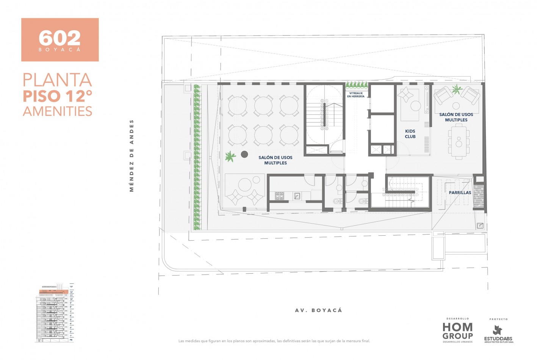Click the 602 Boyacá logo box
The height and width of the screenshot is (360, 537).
(x=60, y=40)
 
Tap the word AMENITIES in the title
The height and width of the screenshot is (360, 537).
(x=58, y=111)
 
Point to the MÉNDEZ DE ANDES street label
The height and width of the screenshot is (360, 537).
(x=132, y=156)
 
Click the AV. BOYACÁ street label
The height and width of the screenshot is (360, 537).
(x=318, y=310)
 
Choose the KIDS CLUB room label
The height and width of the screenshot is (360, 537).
(x=410, y=134)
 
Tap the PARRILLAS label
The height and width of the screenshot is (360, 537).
(x=460, y=193)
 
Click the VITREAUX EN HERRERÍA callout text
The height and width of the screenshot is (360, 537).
(x=356, y=95)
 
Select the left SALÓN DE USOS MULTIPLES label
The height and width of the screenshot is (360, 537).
(x=276, y=160)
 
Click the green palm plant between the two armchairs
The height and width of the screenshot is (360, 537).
(x=457, y=90)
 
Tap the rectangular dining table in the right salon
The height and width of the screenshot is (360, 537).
(x=459, y=142)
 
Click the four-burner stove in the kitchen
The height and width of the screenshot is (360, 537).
(x=280, y=196)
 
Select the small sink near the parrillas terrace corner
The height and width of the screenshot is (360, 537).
(x=480, y=225)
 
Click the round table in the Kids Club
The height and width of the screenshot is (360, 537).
(x=415, y=106)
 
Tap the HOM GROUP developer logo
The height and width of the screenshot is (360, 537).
(x=457, y=331)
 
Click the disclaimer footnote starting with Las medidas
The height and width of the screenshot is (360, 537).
(x=274, y=341)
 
